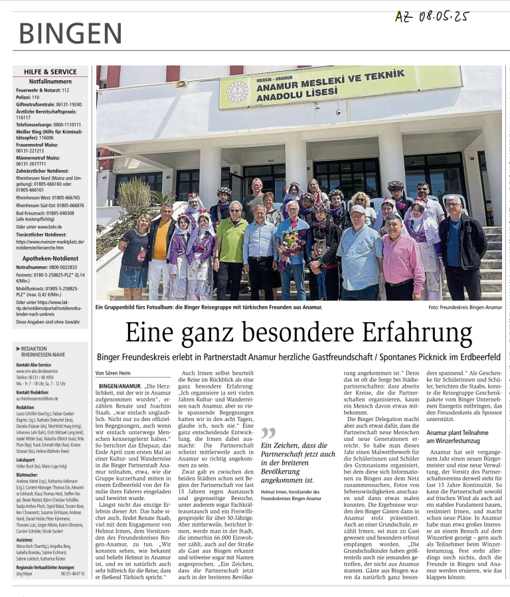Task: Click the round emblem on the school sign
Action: point(238,90)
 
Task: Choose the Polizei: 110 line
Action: point(28,97)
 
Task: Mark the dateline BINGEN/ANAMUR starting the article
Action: point(120,386)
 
